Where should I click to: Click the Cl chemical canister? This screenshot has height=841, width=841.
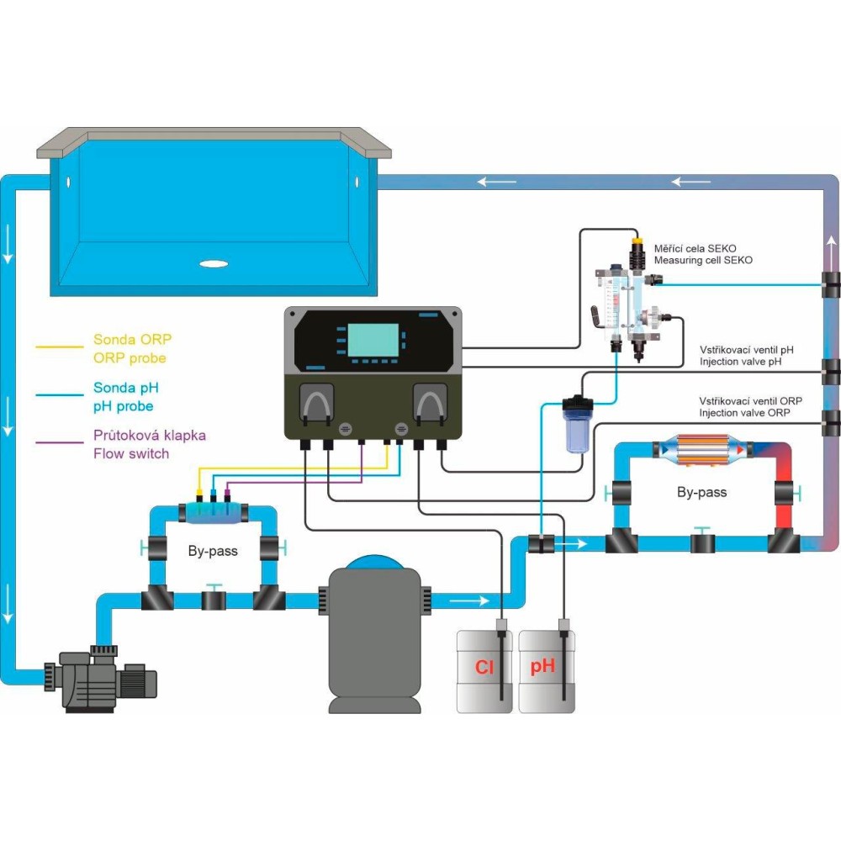tap(484, 670)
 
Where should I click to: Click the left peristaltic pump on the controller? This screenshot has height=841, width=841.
tap(317, 403)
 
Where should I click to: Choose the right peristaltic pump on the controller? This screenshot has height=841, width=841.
tap(430, 403)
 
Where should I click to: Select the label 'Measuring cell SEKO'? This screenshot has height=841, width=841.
tap(703, 261)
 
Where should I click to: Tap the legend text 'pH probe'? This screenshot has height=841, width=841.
tap(123, 406)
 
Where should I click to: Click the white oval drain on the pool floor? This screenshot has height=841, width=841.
tap(214, 263)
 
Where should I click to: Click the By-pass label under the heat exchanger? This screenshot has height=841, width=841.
tap(701, 492)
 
